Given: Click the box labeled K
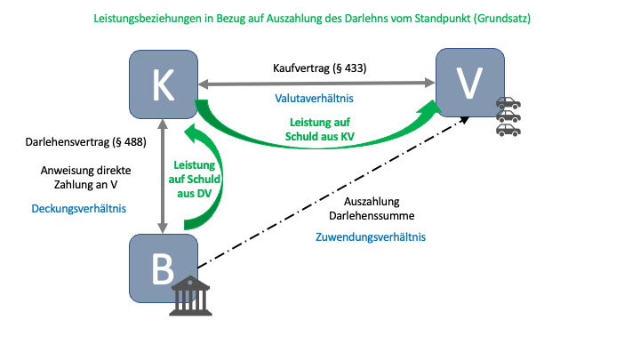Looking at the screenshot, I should [163, 83].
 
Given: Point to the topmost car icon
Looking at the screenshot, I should [508, 103].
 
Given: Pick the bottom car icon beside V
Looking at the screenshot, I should [508, 130].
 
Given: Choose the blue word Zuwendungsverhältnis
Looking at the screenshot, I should [370, 237].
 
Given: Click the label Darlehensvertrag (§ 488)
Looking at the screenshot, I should [79, 141].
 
